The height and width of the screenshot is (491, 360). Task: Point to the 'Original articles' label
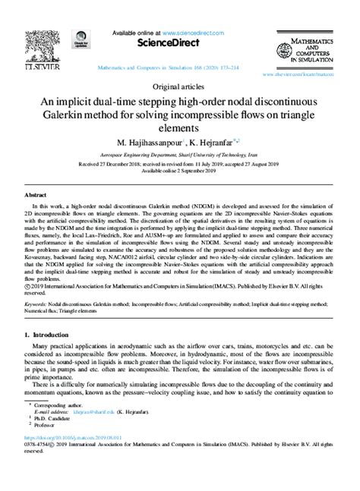coord(180,87)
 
